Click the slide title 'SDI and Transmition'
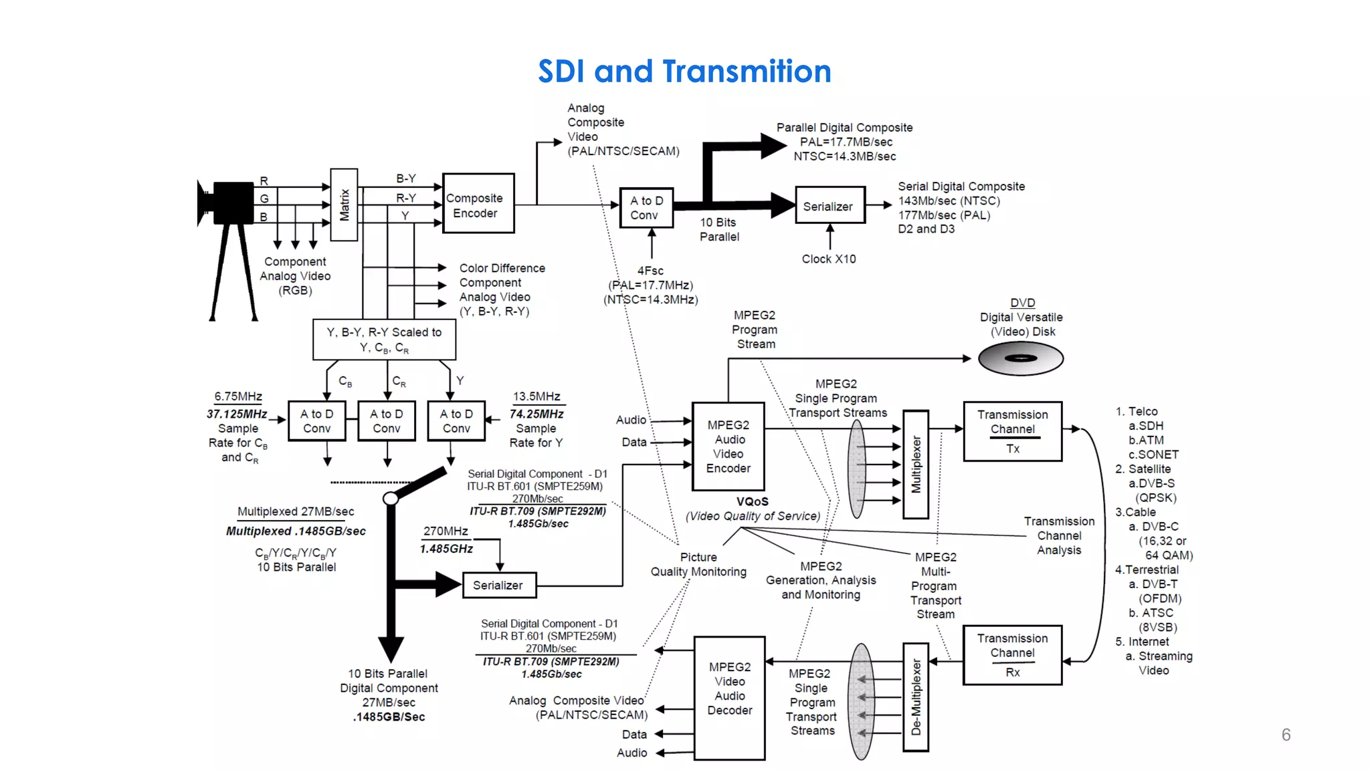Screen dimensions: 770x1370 click(684, 71)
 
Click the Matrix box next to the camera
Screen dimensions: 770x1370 click(344, 205)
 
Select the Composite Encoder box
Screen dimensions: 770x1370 click(478, 204)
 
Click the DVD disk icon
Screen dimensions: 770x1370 click(1020, 358)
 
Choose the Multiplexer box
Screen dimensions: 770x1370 click(916, 465)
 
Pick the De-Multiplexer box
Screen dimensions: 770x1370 click(916, 696)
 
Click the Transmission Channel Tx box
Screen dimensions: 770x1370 click(1012, 431)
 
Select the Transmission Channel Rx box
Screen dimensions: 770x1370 click(1012, 655)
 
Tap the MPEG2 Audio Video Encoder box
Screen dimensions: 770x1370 click(728, 446)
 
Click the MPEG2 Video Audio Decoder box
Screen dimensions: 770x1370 click(729, 697)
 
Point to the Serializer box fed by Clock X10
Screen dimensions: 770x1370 click(829, 206)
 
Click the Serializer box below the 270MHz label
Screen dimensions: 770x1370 click(499, 585)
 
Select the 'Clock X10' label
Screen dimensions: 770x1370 click(829, 259)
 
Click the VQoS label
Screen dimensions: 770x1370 click(752, 501)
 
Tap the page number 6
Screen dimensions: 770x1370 click(1286, 735)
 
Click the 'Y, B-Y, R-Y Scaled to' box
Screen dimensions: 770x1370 click(384, 340)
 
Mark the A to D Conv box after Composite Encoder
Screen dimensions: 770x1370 click(646, 207)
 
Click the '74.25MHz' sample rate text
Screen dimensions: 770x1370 click(536, 414)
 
